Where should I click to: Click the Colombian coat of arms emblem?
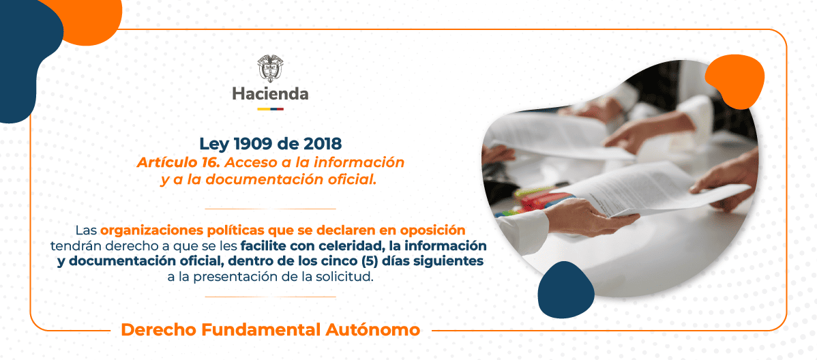[x=270, y=69]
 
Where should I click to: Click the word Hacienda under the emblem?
[x=270, y=94]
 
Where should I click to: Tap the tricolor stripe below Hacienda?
[x=270, y=109]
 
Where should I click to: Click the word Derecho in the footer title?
[x=158, y=330]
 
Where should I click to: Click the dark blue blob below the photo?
[x=565, y=290]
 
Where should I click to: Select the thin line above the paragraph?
[x=270, y=209]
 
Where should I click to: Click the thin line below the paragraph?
[x=270, y=297]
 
